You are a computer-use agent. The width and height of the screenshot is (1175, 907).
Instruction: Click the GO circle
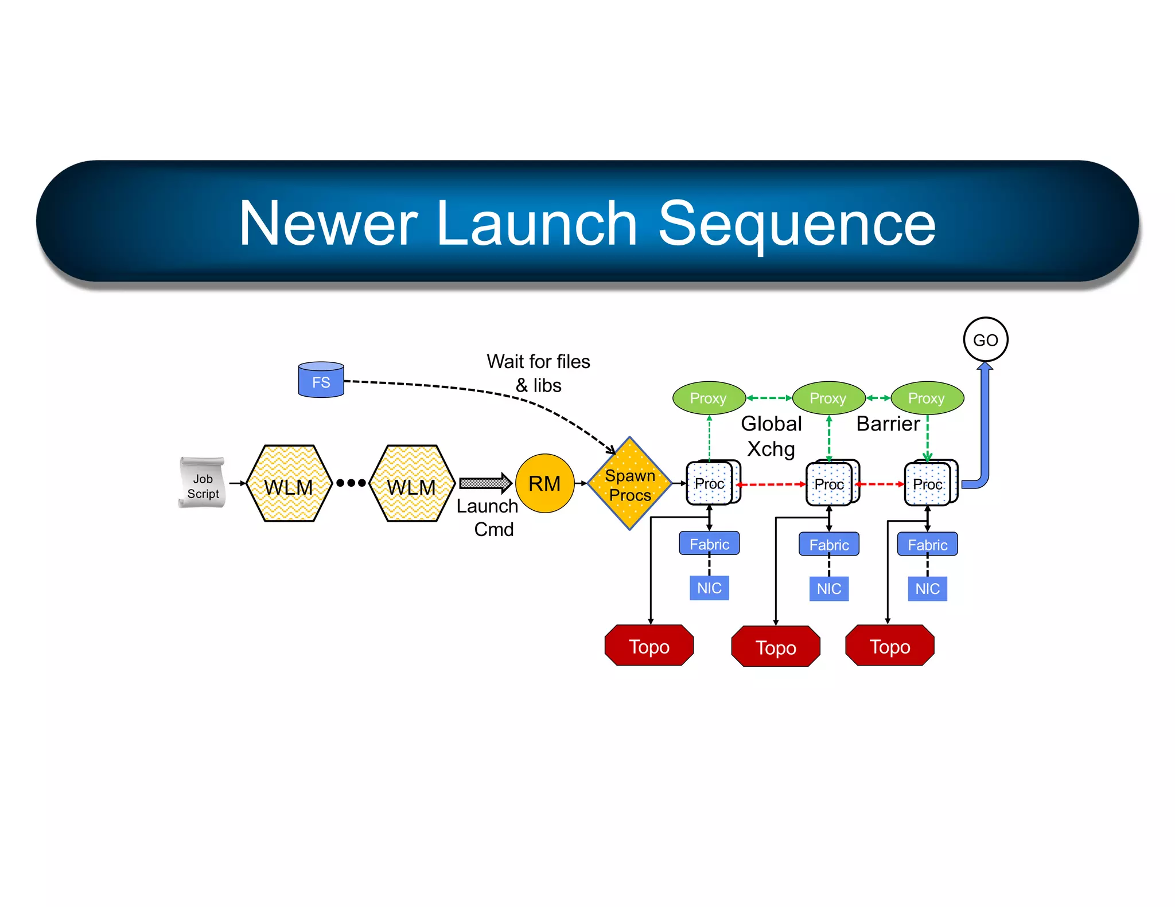coord(985,339)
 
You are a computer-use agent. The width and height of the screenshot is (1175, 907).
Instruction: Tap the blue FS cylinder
coord(321,381)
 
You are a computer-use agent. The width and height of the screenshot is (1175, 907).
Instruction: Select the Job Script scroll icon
coord(202,483)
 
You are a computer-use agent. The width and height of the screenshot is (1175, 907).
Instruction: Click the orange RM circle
coord(544,483)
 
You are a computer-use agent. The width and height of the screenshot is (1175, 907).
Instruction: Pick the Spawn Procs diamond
coord(629,484)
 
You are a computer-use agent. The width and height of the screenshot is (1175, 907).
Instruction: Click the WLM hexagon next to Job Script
coord(289,484)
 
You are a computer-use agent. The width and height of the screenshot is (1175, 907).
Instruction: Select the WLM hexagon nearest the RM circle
coord(412,484)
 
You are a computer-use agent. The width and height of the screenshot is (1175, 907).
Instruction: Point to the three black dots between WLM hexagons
coord(351,483)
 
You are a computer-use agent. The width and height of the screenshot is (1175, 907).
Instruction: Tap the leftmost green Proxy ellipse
coord(708,398)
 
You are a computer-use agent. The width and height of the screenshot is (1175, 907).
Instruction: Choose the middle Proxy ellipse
coord(828,398)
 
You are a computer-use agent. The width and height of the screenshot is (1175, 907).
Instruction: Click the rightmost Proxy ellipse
coord(927,398)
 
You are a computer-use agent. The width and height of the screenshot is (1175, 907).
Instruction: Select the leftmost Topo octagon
coord(649,646)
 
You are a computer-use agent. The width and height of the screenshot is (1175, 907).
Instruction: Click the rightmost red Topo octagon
coord(889,646)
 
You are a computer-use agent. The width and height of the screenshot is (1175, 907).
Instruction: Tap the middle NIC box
coord(828,588)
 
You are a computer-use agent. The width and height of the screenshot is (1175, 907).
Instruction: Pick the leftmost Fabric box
coord(709,544)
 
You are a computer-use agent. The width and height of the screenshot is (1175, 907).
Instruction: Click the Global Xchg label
coord(771,436)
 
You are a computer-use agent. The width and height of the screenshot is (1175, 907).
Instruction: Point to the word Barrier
coord(888,424)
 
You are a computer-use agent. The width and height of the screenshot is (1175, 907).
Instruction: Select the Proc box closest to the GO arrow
coord(927,484)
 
